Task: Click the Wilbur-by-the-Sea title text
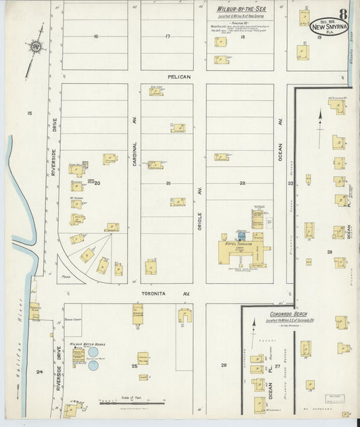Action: point(241,9)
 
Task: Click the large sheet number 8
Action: point(344,14)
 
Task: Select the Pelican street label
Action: point(180,77)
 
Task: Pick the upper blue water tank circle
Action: point(93,352)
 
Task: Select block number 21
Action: point(168,183)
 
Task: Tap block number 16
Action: point(96,36)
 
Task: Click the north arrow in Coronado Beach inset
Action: point(253,326)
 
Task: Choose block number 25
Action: point(134,366)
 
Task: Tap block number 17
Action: point(167,36)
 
